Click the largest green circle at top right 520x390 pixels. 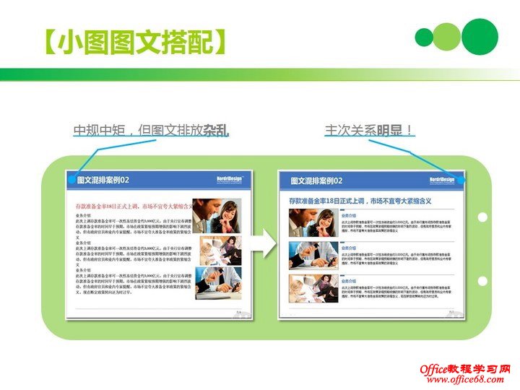[480, 37]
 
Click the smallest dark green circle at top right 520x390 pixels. [425, 38]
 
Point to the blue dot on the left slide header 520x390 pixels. [71, 179]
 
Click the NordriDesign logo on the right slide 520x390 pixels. [442, 179]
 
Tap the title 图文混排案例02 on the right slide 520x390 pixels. [316, 181]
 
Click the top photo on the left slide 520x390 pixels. [217, 215]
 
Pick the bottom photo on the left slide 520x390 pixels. [218, 282]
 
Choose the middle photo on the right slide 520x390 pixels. [313, 256]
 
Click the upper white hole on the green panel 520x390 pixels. [482, 217]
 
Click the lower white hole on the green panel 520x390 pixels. [482, 281]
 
